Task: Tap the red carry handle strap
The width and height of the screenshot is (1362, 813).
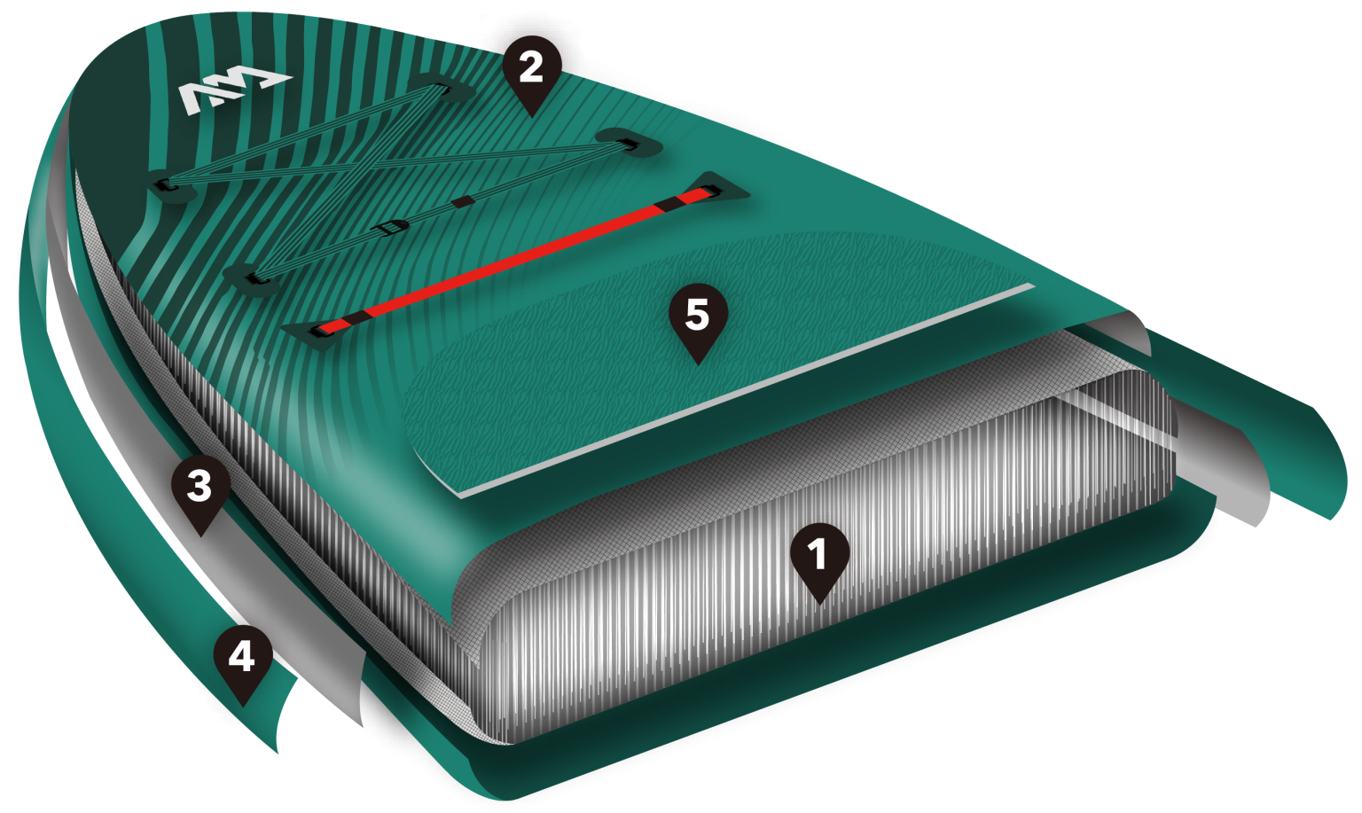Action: tap(517, 262)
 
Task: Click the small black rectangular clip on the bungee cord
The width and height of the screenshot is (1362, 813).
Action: tap(464, 202)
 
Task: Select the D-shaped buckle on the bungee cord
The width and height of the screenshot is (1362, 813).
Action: tap(394, 229)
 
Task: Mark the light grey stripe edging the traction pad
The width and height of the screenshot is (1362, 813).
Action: tap(748, 390)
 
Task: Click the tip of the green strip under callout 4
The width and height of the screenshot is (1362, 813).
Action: tap(278, 754)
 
